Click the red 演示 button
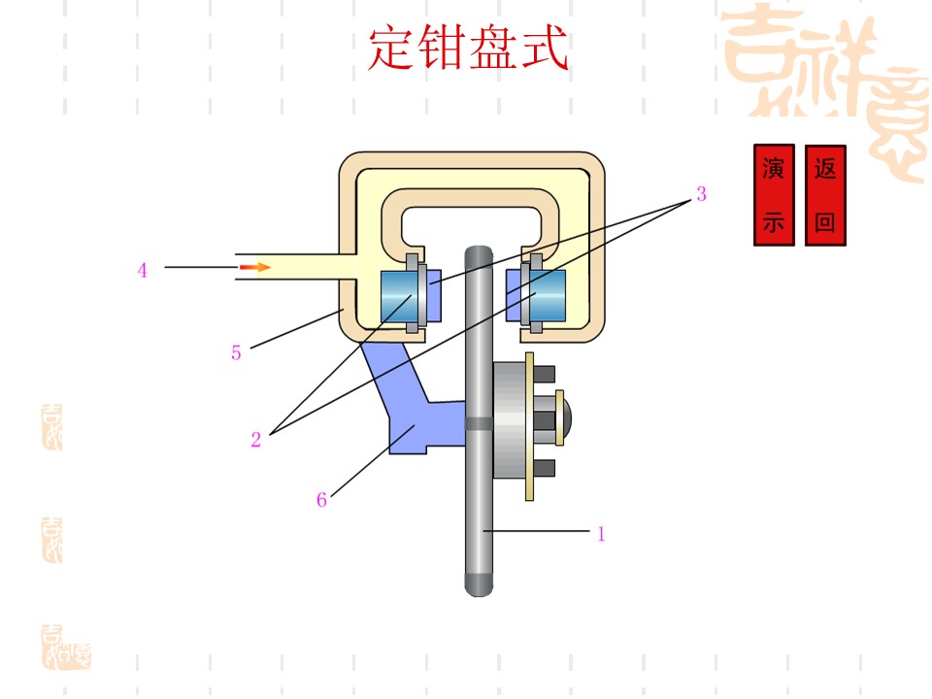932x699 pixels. tap(774, 195)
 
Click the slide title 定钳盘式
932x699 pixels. tap(468, 49)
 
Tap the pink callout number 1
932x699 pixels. tap(601, 534)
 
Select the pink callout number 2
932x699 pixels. tap(255, 439)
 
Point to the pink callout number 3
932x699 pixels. tap(701, 194)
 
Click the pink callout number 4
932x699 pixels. tap(142, 271)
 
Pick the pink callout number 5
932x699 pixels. tap(236, 353)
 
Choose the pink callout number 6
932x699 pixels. tap(321, 499)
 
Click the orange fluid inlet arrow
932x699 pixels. tap(254, 268)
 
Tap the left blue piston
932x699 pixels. tap(398, 296)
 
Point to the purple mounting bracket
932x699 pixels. tap(410, 404)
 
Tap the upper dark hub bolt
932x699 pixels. tap(545, 374)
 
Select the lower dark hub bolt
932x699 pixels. tap(545, 468)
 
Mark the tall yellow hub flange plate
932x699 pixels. tap(530, 426)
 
